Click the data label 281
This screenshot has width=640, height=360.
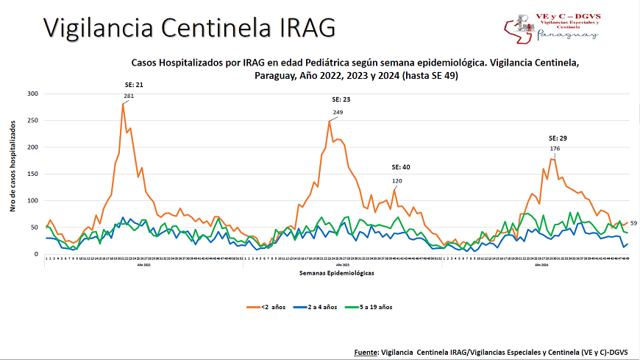[x=129, y=96]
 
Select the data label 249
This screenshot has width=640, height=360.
[x=338, y=113]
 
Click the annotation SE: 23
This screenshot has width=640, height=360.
[x=341, y=99]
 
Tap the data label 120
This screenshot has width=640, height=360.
[x=397, y=181]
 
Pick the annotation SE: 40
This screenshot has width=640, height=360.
[x=401, y=167]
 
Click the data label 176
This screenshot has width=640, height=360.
[x=555, y=149]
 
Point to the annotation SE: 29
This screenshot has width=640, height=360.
[x=558, y=138]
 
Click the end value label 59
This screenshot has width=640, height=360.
[x=633, y=223]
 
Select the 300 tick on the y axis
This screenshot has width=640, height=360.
[x=32, y=93]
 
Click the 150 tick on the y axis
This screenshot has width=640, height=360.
[x=32, y=174]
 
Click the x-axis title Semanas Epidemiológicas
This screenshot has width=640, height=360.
[x=337, y=273]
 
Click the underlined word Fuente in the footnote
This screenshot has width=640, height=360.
[x=366, y=352]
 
